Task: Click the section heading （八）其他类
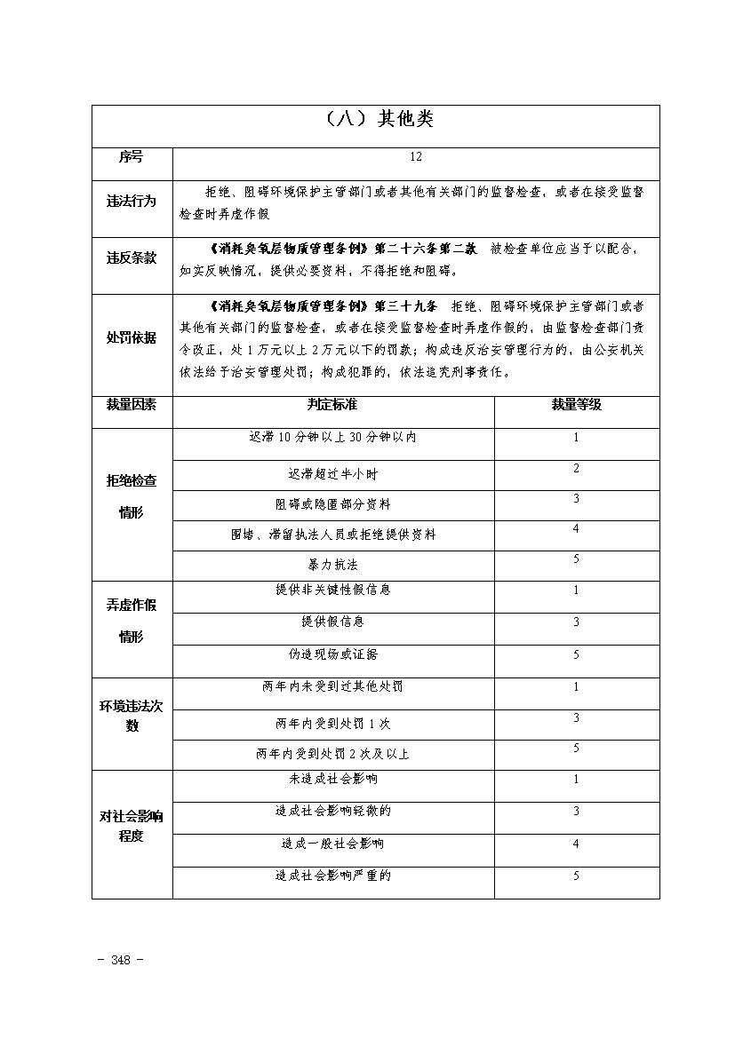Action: click(x=375, y=119)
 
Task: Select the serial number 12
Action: click(x=416, y=156)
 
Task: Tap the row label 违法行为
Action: click(x=132, y=202)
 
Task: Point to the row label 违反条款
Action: click(x=132, y=258)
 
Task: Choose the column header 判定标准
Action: click(x=332, y=404)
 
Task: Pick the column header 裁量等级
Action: click(x=576, y=404)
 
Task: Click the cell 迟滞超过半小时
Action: click(x=332, y=475)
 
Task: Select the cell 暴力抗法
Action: click(x=332, y=565)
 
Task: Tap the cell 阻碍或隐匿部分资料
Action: click(x=332, y=504)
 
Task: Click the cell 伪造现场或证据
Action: click(x=332, y=654)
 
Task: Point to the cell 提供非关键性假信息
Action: click(x=332, y=590)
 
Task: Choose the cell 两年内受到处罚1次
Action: click(x=332, y=724)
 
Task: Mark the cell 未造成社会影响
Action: click(x=332, y=779)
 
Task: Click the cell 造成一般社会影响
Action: click(x=332, y=843)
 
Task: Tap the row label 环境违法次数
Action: click(x=132, y=715)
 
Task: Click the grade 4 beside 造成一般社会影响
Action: click(x=576, y=844)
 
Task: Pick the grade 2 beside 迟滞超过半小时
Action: click(x=576, y=468)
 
